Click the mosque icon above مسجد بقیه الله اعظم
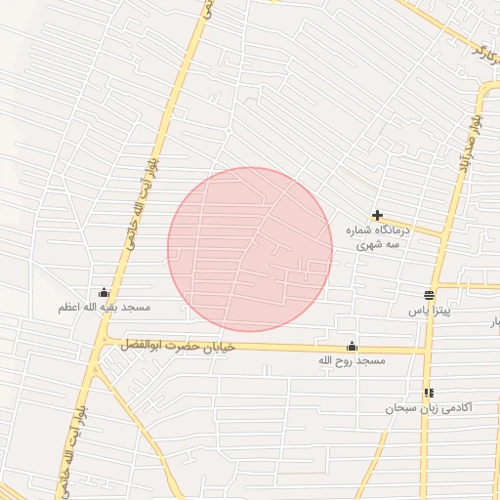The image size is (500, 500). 104,293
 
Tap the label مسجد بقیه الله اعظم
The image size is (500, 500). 104,308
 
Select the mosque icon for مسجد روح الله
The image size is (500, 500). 352,347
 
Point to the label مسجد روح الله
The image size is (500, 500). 352,361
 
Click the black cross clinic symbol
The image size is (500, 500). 377,215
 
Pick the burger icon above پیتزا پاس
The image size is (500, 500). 429,295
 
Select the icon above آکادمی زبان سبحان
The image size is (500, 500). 429,393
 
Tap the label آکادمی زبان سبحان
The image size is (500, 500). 429,408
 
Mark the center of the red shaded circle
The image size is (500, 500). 250,250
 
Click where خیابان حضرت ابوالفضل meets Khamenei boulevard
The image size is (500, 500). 102,340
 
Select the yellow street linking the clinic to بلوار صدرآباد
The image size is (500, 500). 415,227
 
